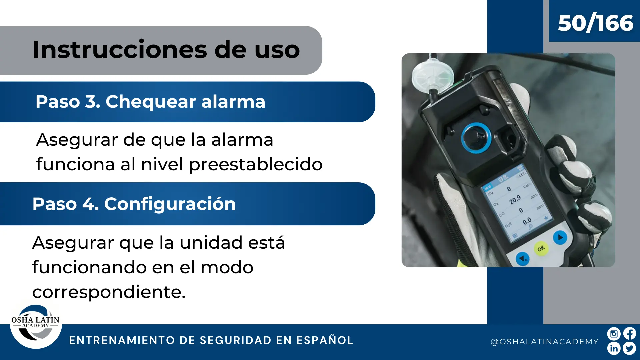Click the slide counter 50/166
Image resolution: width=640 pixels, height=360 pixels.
(596, 23)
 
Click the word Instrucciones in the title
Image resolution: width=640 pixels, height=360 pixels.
(120, 50)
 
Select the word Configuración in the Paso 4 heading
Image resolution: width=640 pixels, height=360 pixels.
(170, 204)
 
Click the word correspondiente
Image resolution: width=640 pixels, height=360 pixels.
(109, 292)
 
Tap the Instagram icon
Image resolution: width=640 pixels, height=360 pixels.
(614, 334)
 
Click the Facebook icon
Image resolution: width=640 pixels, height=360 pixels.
(630, 334)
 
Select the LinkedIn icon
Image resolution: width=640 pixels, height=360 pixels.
(614, 349)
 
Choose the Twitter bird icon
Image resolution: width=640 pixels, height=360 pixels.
(630, 349)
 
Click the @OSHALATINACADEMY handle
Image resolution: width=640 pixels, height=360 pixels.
(545, 342)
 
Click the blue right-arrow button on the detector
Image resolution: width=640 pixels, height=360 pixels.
(560, 238)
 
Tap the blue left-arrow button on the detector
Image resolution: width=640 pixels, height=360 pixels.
(522, 259)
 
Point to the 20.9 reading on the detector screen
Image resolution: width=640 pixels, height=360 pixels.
(515, 200)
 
